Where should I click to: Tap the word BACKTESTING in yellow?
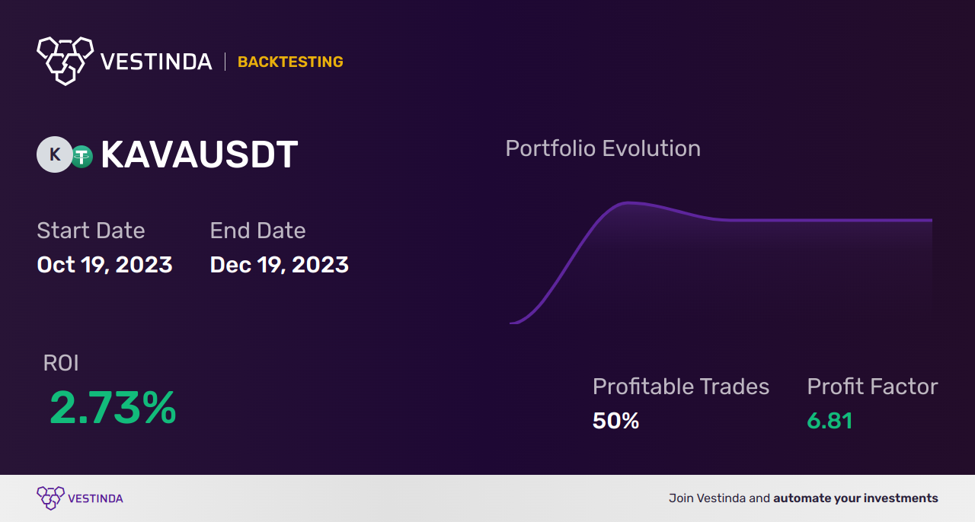point(290,62)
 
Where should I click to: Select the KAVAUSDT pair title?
point(199,155)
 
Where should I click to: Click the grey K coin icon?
point(54,154)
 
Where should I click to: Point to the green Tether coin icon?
point(82,157)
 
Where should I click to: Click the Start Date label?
point(91,231)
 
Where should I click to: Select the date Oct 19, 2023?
point(104,265)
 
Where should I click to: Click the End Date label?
point(257,231)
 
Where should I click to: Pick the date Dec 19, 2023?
point(279,265)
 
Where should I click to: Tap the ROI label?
point(61,364)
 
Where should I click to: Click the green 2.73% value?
point(113,408)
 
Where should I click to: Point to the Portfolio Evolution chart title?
point(603,148)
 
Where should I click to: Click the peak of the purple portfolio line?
point(628,202)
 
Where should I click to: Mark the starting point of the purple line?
point(510,323)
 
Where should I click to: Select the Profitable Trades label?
point(680,387)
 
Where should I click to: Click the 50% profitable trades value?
point(615,421)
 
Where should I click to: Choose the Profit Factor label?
point(872,387)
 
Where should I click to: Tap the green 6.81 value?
point(829,421)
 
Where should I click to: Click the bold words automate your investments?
point(855,498)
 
